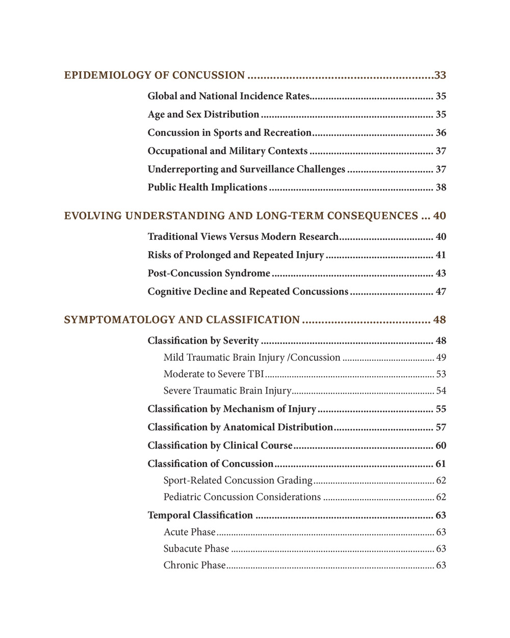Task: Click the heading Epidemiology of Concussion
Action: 154,76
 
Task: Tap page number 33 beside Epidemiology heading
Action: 440,76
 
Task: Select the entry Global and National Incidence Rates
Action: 228,96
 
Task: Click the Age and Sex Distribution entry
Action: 203,114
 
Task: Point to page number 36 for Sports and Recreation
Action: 441,133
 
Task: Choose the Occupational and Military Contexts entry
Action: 227,151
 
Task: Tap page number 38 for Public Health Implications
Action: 441,187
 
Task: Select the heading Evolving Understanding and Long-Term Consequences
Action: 241,216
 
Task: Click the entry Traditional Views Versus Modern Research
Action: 243,237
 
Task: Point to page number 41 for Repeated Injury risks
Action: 441,255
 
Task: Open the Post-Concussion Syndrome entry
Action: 209,274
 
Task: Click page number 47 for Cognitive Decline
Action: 441,292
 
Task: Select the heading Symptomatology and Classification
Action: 182,320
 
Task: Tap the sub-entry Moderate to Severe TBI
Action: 214,374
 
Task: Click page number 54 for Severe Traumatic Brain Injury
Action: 441,391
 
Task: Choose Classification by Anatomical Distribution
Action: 240,427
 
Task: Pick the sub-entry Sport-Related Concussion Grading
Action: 238,480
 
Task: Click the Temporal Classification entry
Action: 200,516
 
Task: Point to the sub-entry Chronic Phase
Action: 194,566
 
